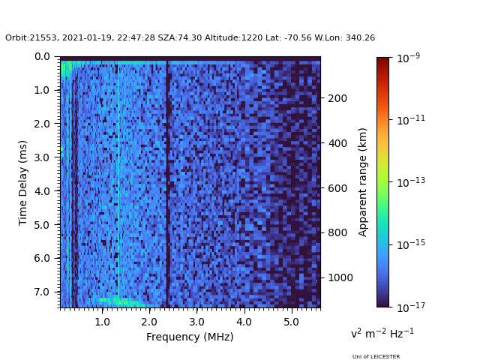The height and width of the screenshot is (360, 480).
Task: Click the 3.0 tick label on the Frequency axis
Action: coord(196,322)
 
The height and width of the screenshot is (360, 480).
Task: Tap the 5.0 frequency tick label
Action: coord(291,322)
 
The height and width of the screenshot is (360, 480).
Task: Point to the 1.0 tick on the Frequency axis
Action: coord(102,322)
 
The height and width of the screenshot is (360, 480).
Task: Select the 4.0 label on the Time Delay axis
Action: coord(42,191)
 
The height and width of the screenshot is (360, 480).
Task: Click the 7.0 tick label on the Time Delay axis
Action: coord(42,292)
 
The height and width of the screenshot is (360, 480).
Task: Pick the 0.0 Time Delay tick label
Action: coord(42,57)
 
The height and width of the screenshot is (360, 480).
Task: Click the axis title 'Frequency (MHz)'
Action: coord(190,337)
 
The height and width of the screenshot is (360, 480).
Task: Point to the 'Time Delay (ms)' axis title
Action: coord(23,182)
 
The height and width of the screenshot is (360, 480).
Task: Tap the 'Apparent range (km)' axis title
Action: coord(363,182)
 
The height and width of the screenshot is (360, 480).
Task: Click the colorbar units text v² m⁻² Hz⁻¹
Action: coord(382,333)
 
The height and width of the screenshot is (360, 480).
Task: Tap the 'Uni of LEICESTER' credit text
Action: coord(376,357)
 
